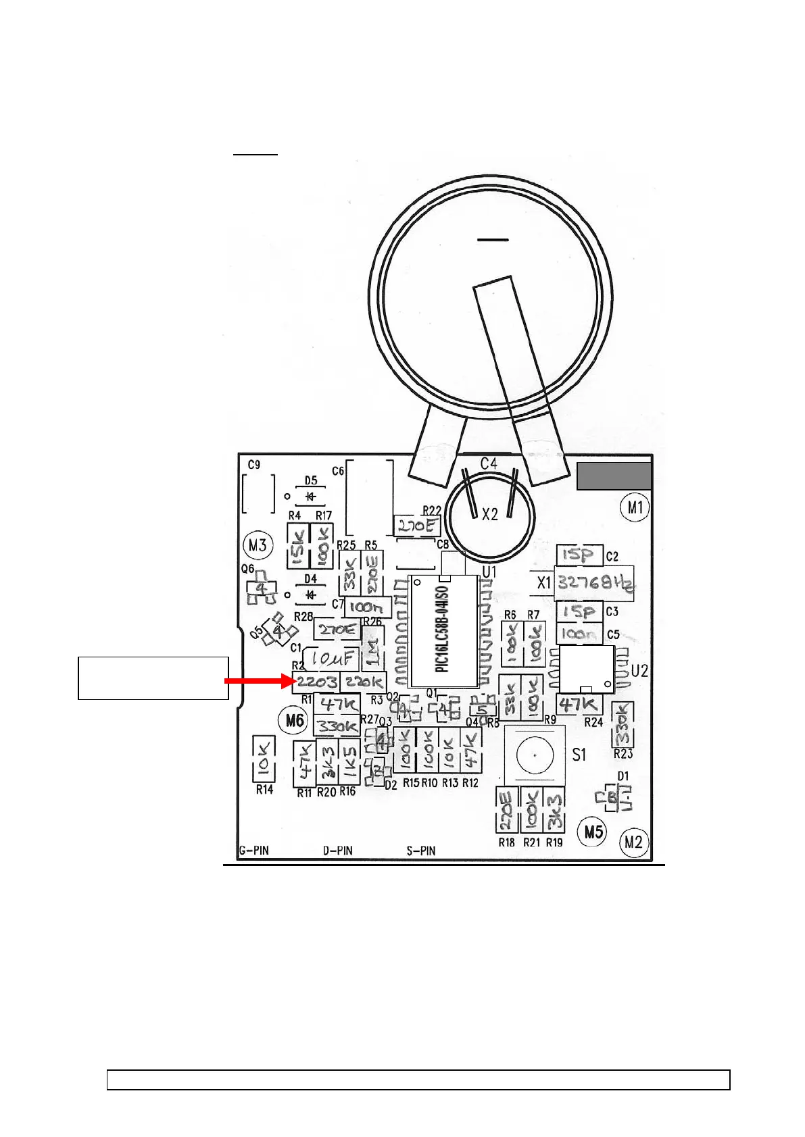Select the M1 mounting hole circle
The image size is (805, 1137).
[x=635, y=507]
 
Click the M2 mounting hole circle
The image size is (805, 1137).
[x=633, y=842]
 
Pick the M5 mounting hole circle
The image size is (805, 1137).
[x=593, y=831]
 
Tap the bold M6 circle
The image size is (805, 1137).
[x=295, y=720]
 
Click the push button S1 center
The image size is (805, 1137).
[x=535, y=755]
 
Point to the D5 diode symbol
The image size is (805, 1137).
[x=311, y=497]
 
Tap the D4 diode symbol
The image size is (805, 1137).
[x=311, y=595]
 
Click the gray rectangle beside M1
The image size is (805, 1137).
[x=614, y=476]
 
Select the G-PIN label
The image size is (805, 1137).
[x=254, y=851]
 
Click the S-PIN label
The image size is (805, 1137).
[x=420, y=851]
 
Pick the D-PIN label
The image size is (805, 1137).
[x=337, y=851]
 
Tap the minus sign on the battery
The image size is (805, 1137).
[x=493, y=240]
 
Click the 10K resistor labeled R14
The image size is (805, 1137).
[x=264, y=757]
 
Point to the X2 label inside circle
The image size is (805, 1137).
[x=489, y=515]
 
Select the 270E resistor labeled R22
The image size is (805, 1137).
[x=416, y=526]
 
